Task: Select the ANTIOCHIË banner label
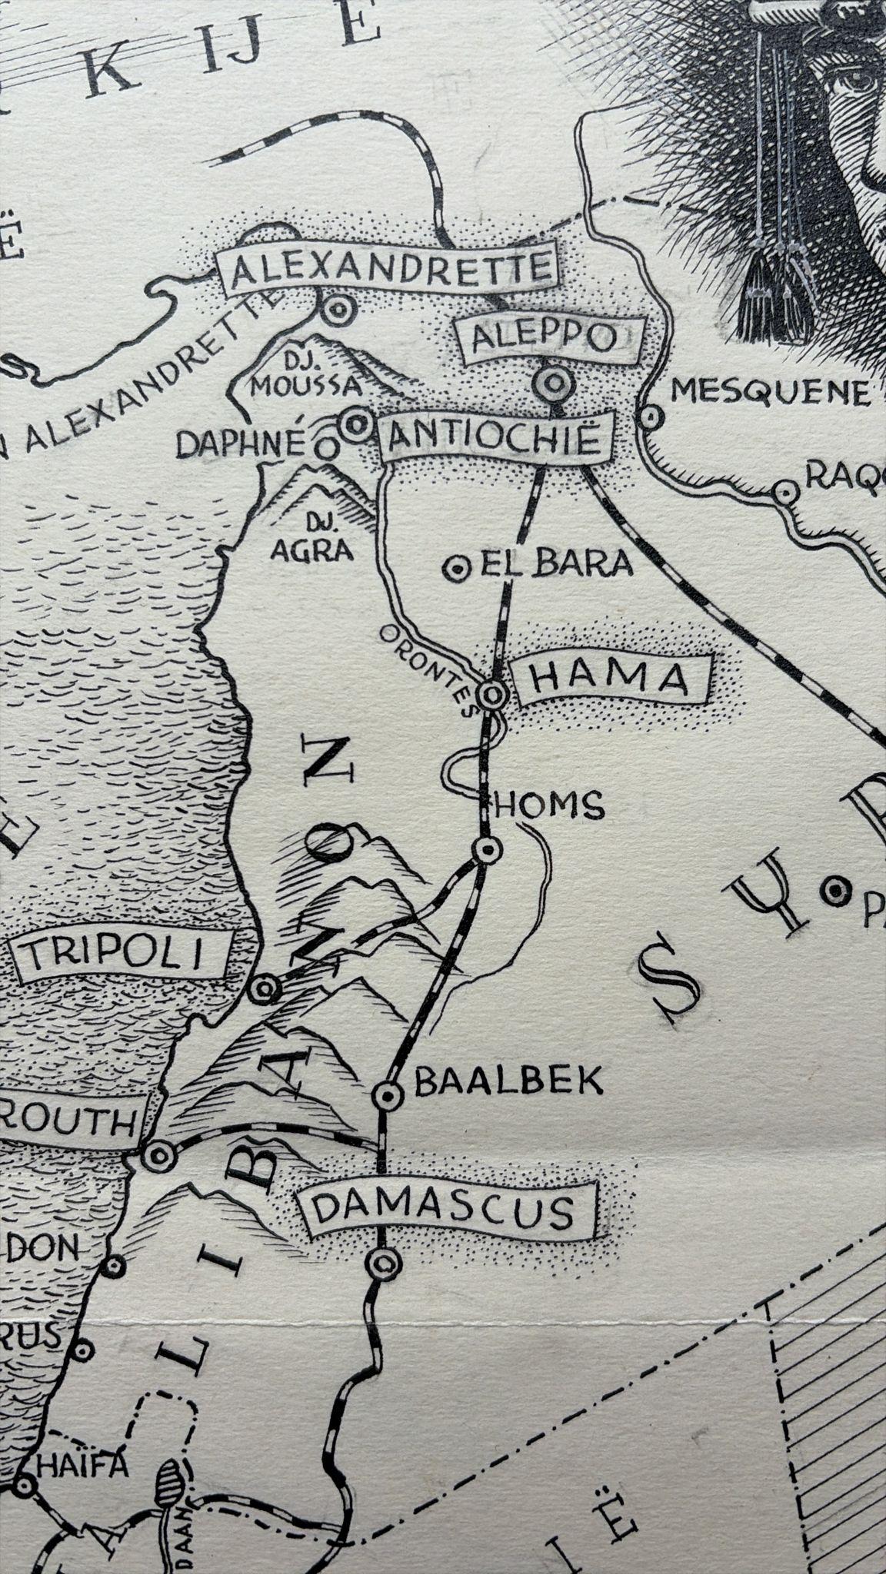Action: (x=495, y=439)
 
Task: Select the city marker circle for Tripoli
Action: (x=264, y=988)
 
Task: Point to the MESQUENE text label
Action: (x=769, y=393)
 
